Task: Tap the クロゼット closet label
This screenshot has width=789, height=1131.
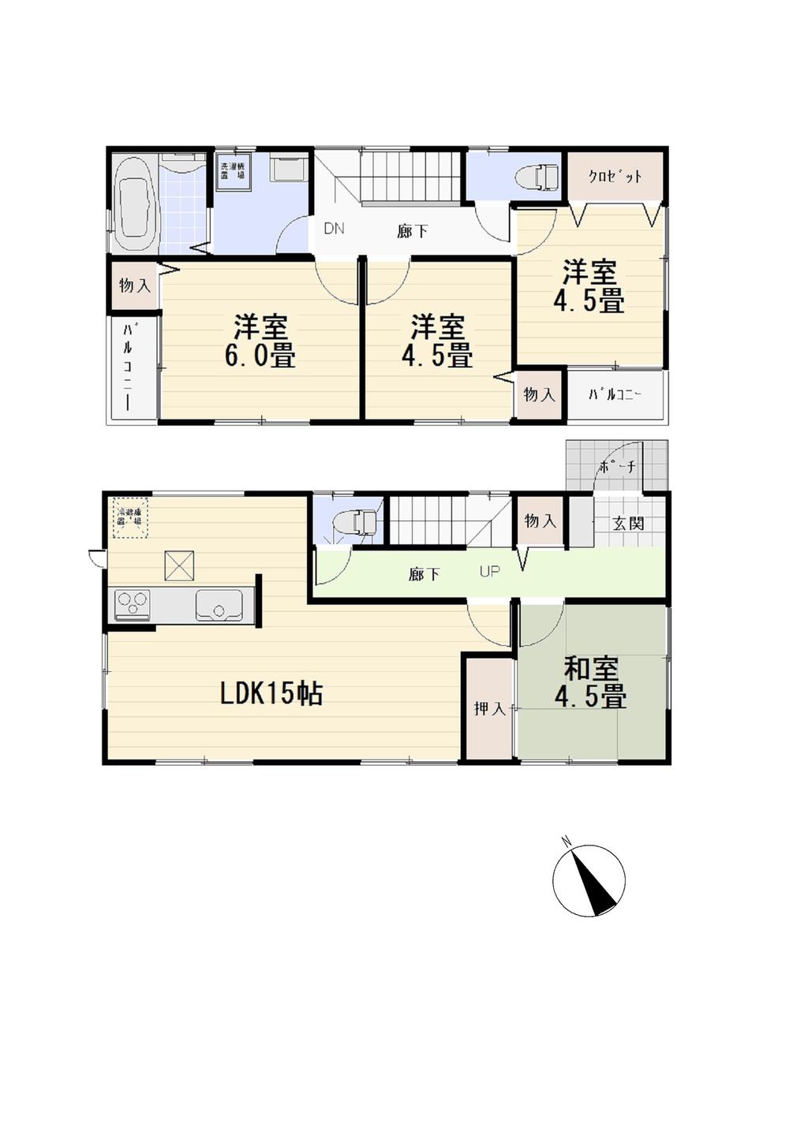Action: [615, 177]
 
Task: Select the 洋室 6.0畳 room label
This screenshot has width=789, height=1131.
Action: [260, 341]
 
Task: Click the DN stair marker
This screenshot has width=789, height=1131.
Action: [334, 230]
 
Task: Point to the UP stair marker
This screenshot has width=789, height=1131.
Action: [489, 571]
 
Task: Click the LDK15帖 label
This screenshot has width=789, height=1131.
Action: [271, 693]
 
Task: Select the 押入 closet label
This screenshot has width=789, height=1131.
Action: [489, 708]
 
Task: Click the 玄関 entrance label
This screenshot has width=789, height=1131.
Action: [629, 523]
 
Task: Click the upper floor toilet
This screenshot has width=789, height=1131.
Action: [536, 177]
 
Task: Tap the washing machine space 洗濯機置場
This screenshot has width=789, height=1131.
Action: [234, 171]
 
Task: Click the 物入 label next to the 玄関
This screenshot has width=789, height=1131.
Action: [540, 521]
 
